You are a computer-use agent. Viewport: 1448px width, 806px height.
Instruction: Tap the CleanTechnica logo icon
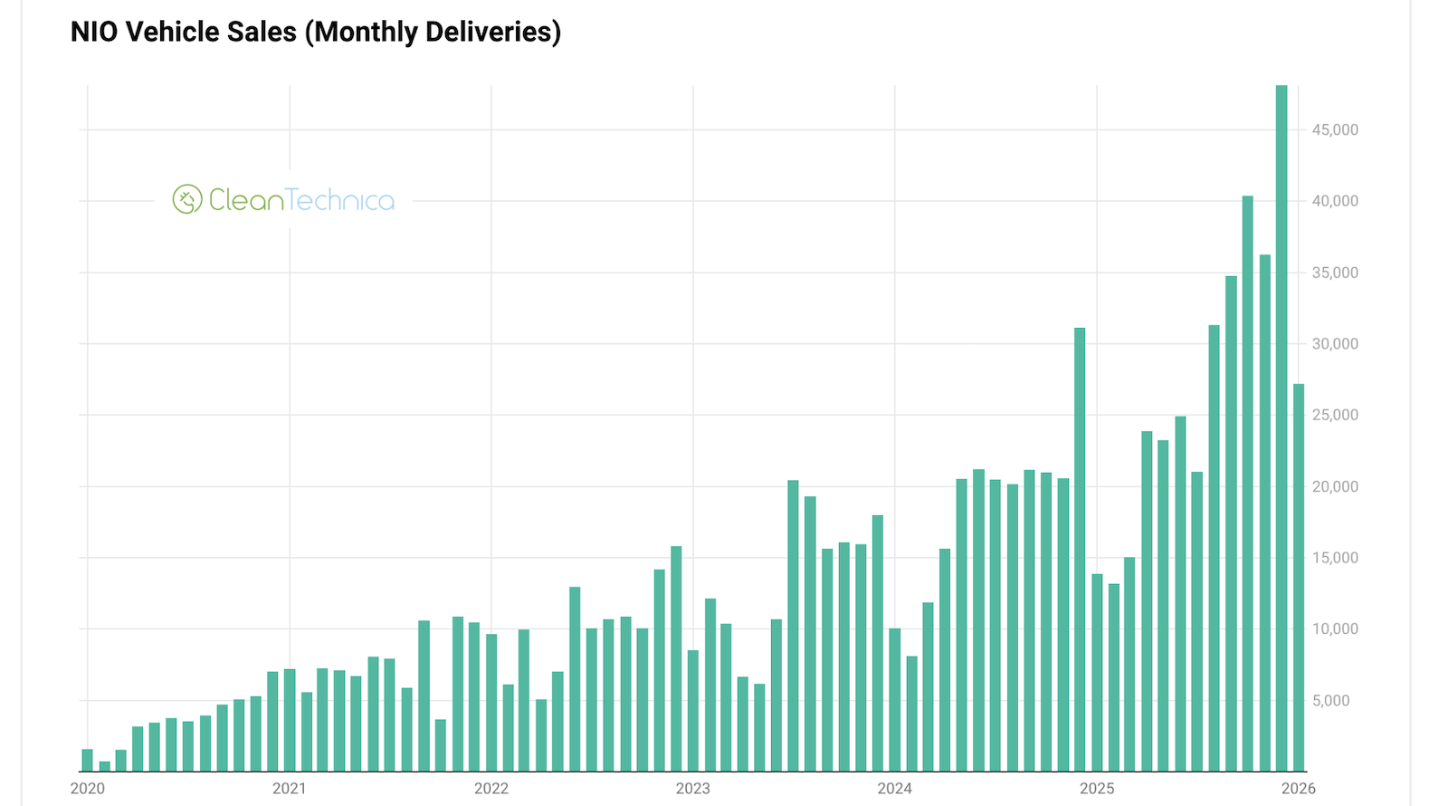pos(187,199)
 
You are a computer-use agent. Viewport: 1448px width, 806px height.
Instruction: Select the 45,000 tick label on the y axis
pos(1335,130)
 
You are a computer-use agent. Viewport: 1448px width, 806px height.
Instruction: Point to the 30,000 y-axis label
pos(1335,344)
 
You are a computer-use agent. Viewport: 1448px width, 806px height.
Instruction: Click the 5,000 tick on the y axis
pos(1330,700)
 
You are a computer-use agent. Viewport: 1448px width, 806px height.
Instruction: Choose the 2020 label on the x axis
pos(88,789)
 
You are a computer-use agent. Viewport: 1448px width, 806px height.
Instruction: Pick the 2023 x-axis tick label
pos(693,789)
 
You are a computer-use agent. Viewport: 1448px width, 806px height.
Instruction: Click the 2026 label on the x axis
pos(1299,789)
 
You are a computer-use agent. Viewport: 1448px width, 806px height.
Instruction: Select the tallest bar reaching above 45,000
pos(1281,426)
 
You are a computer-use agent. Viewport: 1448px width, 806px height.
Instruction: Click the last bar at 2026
pos(1299,580)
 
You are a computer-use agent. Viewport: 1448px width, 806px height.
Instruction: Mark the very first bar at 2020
pos(88,761)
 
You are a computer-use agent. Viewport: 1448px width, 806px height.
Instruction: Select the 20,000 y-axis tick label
pos(1335,486)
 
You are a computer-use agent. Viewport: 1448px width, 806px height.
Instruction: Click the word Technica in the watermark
pos(340,200)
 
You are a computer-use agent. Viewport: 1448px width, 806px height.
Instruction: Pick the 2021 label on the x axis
pos(290,789)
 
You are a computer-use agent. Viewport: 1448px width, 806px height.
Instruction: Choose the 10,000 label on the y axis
pos(1335,629)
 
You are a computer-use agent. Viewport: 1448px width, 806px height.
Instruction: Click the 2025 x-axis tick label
pos(1097,789)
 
